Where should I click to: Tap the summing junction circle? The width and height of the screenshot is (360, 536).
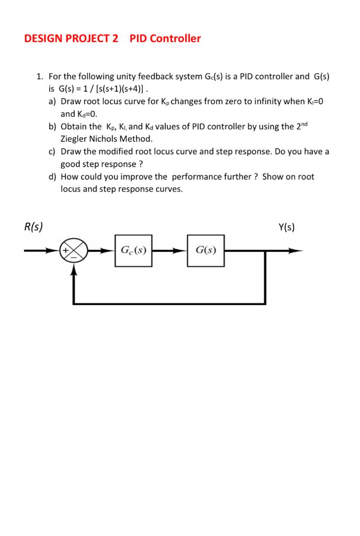click(73, 251)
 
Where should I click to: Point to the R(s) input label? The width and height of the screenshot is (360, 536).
click(33, 227)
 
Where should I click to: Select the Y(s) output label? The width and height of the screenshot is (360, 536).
click(287, 227)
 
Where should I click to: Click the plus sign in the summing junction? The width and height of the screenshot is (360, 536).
click(66, 250)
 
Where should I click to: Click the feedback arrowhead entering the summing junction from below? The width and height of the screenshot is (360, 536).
click(73, 268)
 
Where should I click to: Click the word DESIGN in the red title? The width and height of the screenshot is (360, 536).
click(44, 38)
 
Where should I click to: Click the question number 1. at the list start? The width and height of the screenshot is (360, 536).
click(40, 76)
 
